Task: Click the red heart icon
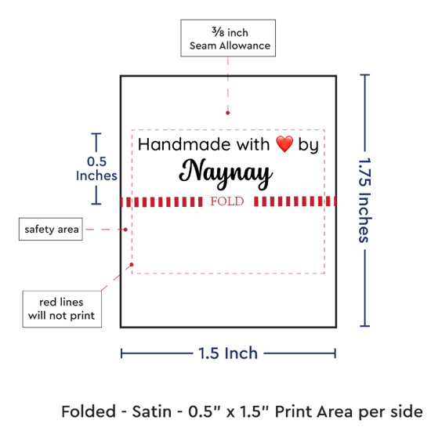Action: coord(284,144)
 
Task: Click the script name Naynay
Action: coord(226,174)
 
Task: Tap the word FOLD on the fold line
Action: coord(227,201)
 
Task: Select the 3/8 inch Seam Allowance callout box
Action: coord(228,38)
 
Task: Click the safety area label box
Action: coord(51,230)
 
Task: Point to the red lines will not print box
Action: coord(62,309)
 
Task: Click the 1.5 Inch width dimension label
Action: coord(228,353)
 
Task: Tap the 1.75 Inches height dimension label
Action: coord(364,200)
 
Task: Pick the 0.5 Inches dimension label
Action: coord(96,168)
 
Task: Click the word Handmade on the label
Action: coord(184,144)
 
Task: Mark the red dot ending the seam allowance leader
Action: coord(227,113)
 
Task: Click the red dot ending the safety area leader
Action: coord(125,230)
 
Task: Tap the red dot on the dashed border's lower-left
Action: coord(132,265)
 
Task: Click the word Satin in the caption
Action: coord(152,411)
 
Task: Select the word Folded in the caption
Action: coord(89,411)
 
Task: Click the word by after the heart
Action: coord(309,145)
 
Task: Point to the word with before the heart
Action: coord(253,144)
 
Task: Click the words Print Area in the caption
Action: coord(314,411)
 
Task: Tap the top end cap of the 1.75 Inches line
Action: coord(364,74)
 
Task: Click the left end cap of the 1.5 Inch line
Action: coord(121,353)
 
